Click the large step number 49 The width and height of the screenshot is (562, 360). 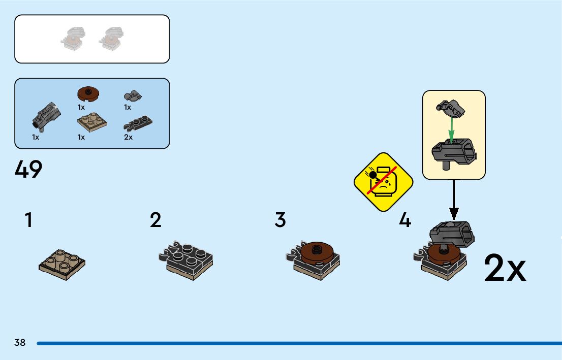coord(28,169)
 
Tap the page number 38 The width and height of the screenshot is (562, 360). coord(20,343)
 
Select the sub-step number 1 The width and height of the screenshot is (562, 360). coord(28,220)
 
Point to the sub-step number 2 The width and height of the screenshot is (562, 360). coord(155,220)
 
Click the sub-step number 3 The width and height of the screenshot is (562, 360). coord(280,220)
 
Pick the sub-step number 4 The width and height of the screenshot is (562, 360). coord(404,220)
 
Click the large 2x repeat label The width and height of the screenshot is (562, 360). coord(505,268)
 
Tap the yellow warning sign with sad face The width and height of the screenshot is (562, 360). coord(383,182)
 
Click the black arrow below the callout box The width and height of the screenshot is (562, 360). coord(454,199)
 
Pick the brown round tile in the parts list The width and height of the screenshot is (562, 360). coord(88,94)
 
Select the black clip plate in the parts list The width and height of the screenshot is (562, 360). coord(138,123)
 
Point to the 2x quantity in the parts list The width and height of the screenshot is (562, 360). coord(129,137)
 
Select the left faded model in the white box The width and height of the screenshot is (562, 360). coord(74,39)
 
